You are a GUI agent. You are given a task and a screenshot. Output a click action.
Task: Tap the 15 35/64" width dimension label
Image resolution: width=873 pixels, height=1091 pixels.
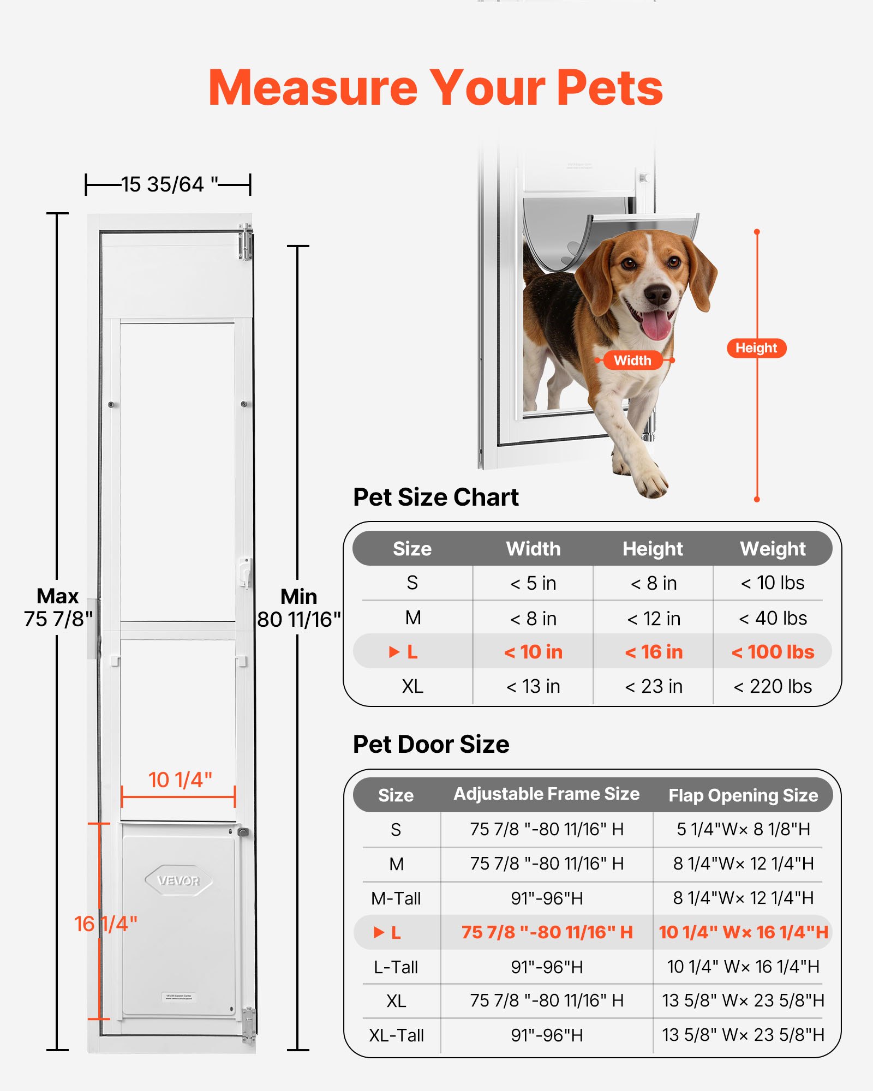169,184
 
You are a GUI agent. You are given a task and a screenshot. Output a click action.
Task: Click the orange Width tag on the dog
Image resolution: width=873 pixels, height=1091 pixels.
632,360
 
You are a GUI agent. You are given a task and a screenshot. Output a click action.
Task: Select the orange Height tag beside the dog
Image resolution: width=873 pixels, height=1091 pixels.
756,348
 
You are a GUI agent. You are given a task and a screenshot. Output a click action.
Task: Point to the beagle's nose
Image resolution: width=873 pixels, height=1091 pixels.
657,295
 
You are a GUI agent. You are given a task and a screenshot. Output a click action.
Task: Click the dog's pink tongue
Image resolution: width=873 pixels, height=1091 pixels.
655,325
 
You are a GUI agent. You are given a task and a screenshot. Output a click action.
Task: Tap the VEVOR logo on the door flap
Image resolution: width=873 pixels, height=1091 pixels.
178,880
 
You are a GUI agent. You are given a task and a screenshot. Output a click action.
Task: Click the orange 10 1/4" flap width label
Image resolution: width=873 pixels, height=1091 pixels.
180,780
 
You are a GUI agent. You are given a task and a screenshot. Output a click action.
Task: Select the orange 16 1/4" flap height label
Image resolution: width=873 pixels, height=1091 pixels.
105,924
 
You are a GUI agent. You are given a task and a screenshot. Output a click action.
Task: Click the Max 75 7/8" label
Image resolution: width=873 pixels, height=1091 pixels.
58,608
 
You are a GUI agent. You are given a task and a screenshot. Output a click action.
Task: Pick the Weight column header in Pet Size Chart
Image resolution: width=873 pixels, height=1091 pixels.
773,549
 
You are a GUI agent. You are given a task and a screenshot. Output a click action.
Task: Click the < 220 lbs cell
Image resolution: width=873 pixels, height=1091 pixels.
773,686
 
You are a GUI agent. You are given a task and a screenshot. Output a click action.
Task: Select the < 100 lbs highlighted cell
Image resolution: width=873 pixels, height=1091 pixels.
773,652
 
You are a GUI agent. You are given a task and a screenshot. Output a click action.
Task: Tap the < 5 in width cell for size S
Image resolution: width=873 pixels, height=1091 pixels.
533,583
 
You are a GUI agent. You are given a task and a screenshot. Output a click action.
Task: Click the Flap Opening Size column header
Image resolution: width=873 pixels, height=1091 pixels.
743,795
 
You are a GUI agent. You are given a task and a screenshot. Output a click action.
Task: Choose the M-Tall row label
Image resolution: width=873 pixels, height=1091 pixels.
396,898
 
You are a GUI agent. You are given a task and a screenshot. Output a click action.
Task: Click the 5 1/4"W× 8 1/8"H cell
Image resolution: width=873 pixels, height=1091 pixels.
743,829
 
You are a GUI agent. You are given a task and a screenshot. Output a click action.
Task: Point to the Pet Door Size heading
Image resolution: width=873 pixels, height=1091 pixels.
431,744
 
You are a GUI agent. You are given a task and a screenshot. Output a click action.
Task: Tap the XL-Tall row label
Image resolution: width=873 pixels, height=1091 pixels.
396,1035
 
